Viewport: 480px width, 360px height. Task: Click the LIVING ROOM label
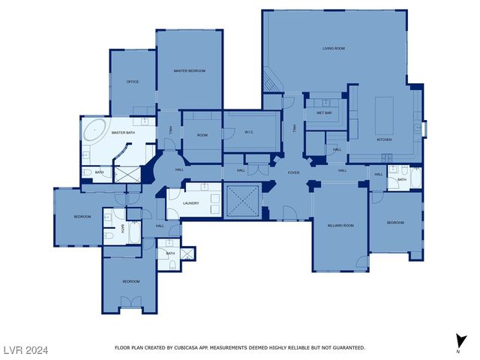click(334, 48)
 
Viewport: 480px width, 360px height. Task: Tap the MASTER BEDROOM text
click(189, 70)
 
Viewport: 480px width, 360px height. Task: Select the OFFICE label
click(132, 82)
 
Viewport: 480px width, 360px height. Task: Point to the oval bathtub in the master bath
click(95, 130)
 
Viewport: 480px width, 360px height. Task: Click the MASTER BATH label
click(123, 133)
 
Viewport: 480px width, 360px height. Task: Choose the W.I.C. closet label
click(250, 133)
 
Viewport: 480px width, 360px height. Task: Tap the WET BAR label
click(324, 113)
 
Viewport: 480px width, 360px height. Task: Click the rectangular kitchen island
click(384, 109)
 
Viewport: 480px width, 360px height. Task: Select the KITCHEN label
click(384, 139)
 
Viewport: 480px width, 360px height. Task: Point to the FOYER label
click(294, 172)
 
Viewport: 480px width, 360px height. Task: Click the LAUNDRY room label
click(190, 202)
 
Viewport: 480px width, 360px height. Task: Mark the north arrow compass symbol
click(458, 341)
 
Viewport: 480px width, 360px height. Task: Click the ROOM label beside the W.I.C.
click(202, 134)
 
